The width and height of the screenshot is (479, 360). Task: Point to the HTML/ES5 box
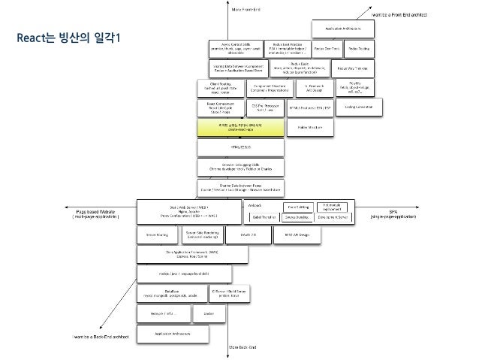[240, 148]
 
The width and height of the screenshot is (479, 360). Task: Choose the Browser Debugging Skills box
[240, 166]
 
